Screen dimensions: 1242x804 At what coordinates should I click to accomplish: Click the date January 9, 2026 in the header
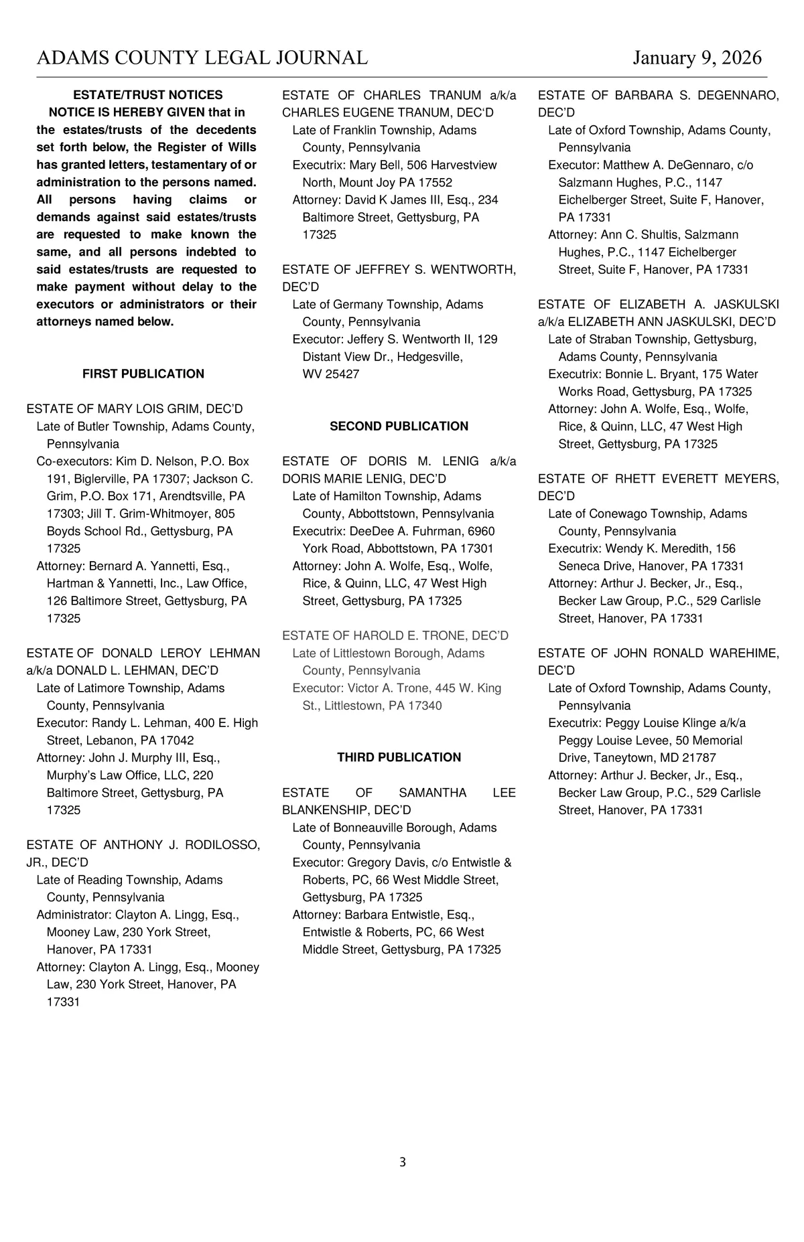697,58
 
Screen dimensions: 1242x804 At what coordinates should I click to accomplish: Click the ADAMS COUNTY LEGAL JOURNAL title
202,58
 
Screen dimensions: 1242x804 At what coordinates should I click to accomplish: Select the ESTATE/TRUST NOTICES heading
147,95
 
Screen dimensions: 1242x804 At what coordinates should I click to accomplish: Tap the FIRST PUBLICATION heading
143,374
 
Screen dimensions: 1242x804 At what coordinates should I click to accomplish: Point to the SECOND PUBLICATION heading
399,426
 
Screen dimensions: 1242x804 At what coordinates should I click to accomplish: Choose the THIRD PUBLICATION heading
399,757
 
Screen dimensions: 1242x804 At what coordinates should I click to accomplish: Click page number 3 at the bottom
402,1162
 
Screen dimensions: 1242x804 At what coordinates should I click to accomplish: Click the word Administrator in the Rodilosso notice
72,915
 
